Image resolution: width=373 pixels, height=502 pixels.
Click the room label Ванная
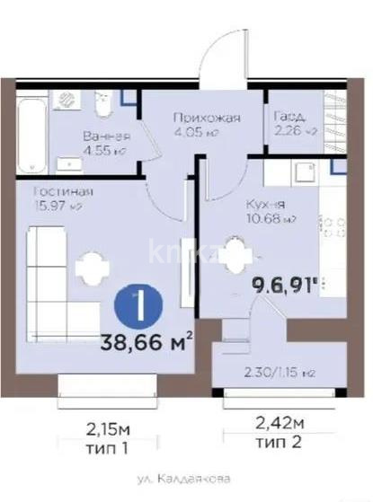click(106, 137)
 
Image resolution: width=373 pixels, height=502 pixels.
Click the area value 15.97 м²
click(59, 206)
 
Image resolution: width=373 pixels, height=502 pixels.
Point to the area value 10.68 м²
click(271, 218)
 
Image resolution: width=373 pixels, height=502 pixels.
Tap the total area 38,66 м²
click(150, 339)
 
